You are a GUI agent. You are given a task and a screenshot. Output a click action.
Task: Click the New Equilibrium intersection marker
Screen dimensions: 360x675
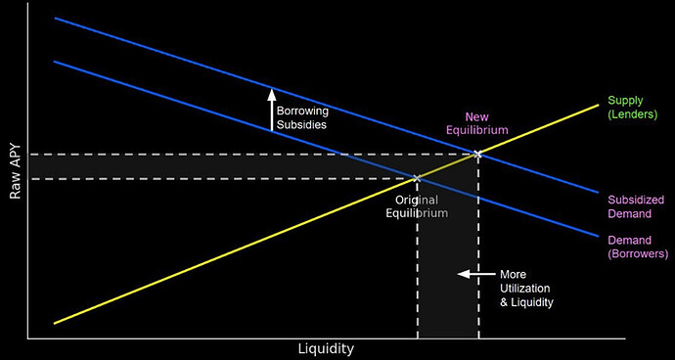click(x=477, y=154)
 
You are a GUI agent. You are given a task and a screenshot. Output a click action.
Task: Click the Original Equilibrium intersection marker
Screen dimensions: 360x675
click(x=418, y=178)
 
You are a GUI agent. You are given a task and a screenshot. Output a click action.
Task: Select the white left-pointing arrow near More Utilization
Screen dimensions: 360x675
click(x=476, y=274)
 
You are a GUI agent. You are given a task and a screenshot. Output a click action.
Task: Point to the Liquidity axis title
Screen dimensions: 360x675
click(x=326, y=348)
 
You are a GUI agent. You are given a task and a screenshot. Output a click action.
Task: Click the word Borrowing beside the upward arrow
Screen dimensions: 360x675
click(x=302, y=111)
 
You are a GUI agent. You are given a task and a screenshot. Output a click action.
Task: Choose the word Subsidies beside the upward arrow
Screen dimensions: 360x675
click(x=300, y=124)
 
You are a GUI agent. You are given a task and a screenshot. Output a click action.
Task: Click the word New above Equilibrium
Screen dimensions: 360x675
click(x=476, y=115)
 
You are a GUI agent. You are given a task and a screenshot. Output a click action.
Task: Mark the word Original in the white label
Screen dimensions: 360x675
click(x=415, y=200)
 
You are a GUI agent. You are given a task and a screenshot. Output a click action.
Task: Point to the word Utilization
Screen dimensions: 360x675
click(x=526, y=289)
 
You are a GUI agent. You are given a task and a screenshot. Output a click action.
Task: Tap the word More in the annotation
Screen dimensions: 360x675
click(x=514, y=274)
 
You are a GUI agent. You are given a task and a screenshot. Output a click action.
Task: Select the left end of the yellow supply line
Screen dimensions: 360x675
click(x=55, y=323)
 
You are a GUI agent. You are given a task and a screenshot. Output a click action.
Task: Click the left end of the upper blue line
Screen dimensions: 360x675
click(x=56, y=19)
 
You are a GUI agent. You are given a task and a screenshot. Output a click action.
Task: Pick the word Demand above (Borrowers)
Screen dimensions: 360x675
click(x=628, y=240)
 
